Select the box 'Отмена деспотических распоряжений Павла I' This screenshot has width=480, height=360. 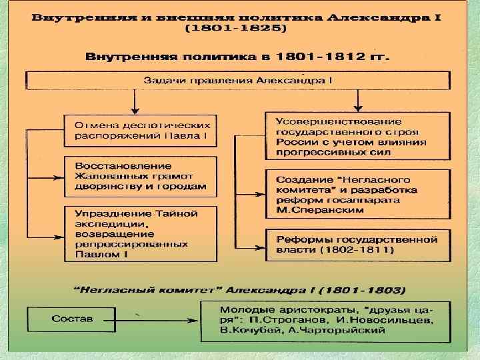click(141, 130)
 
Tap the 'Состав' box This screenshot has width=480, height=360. click(73, 319)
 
